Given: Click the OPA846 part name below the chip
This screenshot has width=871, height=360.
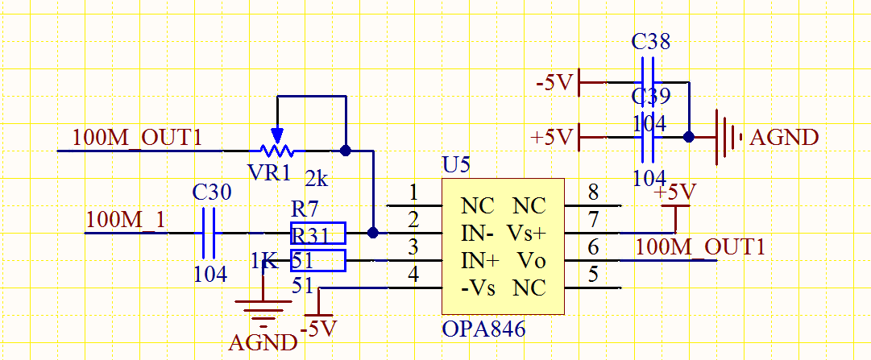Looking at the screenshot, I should (483, 329).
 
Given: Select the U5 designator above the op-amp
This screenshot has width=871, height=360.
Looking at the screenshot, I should (456, 166).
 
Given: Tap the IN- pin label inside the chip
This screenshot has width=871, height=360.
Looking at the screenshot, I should (477, 233).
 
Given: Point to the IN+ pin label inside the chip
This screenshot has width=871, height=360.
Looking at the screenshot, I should (479, 260).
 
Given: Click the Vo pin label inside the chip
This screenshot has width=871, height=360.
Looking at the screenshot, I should (531, 260).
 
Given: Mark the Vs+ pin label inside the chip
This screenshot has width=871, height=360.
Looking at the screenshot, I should (526, 233).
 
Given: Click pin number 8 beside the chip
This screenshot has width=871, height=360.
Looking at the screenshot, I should (593, 192).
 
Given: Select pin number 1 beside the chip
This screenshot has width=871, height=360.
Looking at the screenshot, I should (413, 192).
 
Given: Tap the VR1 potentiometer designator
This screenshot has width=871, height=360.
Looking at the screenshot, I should (269, 172).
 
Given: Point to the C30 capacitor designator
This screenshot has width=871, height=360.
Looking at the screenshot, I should (212, 192).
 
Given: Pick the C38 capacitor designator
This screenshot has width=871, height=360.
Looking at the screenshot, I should (650, 42).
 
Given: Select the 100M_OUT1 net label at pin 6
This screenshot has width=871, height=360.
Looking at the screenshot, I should (699, 246).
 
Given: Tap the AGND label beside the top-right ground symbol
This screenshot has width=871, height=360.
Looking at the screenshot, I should (784, 137).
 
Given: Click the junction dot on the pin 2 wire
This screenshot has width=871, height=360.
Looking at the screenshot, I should (372, 233).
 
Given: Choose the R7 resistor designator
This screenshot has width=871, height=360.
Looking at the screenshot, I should (305, 209).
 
